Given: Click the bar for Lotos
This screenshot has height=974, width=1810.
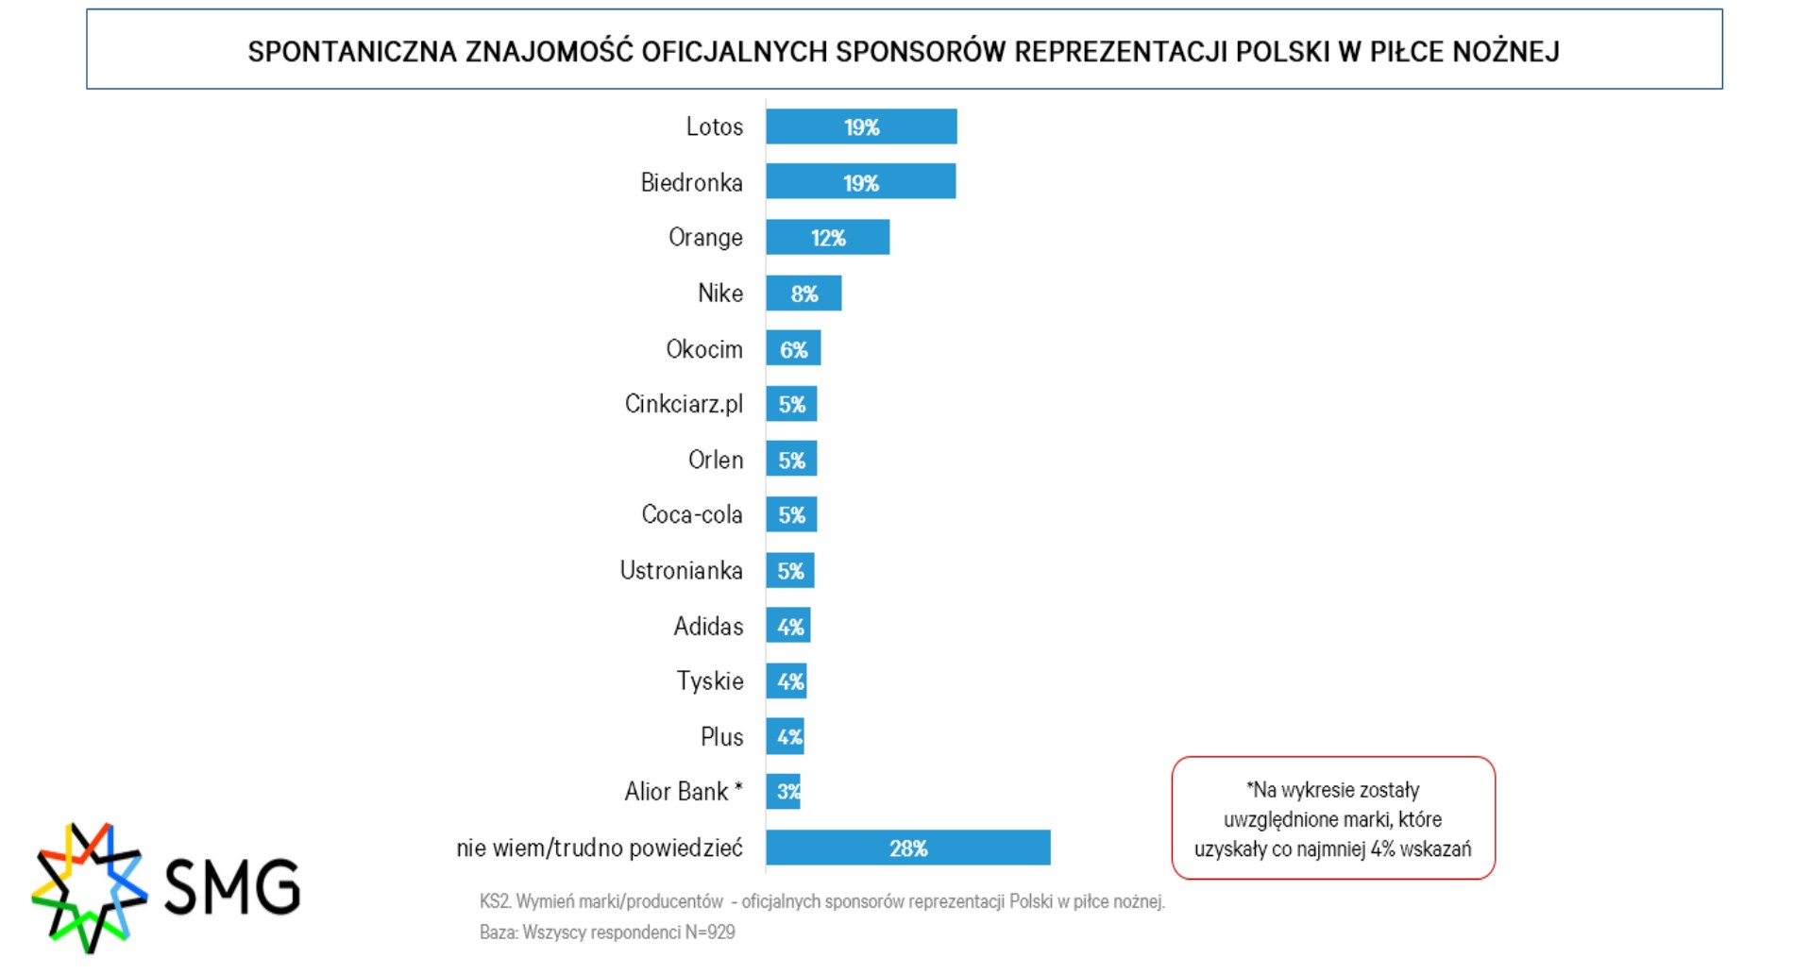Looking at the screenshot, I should point(860,126).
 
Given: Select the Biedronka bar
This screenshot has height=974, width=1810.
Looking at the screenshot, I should point(860,181).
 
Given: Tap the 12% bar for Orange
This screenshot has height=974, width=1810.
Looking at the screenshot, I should point(827,237).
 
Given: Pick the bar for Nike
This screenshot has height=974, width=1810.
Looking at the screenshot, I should point(803,294).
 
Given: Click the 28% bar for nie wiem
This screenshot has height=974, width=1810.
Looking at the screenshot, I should point(907,848).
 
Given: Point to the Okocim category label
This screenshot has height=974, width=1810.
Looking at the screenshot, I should point(704,349).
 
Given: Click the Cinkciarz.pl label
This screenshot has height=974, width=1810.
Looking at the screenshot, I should point(684,404).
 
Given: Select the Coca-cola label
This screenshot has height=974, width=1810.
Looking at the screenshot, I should point(692,514).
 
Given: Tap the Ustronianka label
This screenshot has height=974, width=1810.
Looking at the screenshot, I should point(681,570).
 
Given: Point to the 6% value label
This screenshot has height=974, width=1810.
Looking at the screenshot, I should point(794,350).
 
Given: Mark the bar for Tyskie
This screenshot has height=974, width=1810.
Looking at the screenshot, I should point(786,681).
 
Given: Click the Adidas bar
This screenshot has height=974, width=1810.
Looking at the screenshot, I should point(787,626).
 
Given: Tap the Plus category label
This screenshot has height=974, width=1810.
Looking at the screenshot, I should point(721,736).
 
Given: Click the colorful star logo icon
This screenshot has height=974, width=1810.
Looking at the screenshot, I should point(88,886).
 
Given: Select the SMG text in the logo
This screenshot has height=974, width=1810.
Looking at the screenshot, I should point(232,886).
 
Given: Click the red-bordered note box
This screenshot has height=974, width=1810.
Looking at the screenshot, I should point(1332,818).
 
